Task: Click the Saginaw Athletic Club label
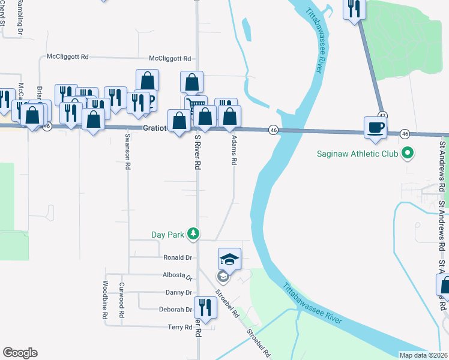pyautogui.click(x=358, y=154)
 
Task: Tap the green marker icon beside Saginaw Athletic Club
pyautogui.click(x=408, y=154)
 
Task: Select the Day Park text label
pyautogui.click(x=167, y=235)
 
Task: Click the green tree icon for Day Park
pyautogui.click(x=193, y=234)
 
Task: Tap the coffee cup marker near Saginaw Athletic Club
pyautogui.click(x=376, y=128)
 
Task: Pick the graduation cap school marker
pyautogui.click(x=229, y=260)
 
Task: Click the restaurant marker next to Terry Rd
pyautogui.click(x=206, y=308)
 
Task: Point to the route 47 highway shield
pyautogui.click(x=382, y=115)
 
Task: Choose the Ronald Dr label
pyautogui.click(x=178, y=257)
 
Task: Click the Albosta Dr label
pyautogui.click(x=177, y=277)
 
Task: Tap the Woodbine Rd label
pyautogui.click(x=105, y=299)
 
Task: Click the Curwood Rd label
pyautogui.click(x=122, y=300)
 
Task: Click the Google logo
pyautogui.click(x=20, y=353)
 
